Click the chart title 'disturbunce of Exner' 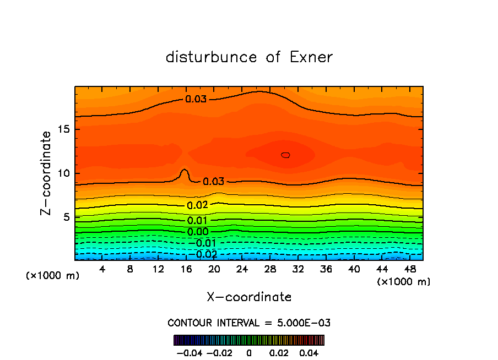click(x=249, y=57)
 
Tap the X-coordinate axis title click(x=249, y=297)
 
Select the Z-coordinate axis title click(x=46, y=173)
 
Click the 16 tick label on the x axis click(x=186, y=269)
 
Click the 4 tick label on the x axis click(x=102, y=269)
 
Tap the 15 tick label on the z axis click(x=64, y=129)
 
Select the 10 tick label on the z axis click(x=64, y=173)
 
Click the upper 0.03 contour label click(x=196, y=100)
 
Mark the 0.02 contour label click(x=197, y=205)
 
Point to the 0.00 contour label click(x=198, y=232)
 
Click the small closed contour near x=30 click(x=285, y=155)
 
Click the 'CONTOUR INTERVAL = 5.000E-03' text click(x=249, y=323)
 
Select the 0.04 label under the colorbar click(x=309, y=352)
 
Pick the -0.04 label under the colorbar click(x=188, y=352)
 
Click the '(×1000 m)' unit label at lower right click(x=404, y=282)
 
